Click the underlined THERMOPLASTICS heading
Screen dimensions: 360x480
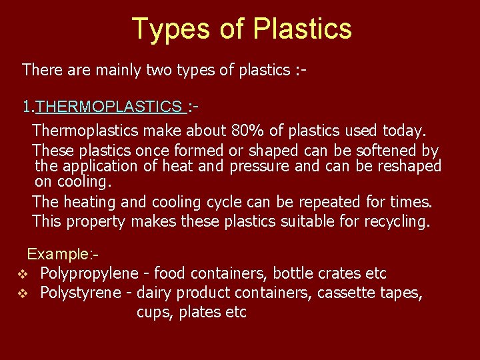pyautogui.click(x=108, y=107)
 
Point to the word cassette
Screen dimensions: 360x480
pyautogui.click(x=347, y=293)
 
